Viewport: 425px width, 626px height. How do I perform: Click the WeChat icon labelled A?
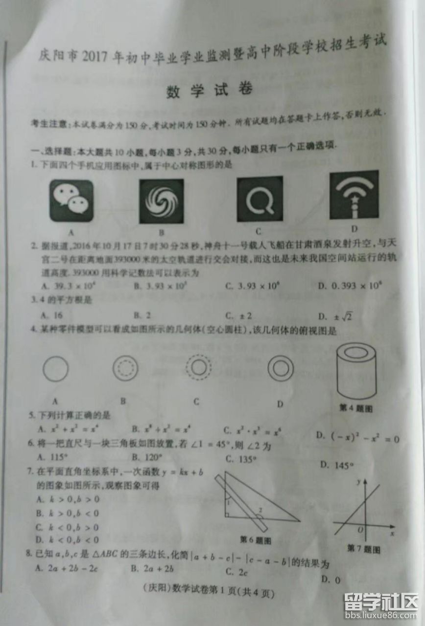coord(71,201)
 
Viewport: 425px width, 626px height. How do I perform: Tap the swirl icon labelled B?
coord(161,201)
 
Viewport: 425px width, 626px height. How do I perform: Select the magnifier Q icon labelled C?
coord(260,199)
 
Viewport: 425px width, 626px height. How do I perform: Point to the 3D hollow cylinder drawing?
coord(356,371)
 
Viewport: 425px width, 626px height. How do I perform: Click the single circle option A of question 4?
coord(55,368)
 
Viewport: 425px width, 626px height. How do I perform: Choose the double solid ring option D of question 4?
coord(281,368)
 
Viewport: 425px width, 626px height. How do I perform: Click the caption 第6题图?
coord(255,540)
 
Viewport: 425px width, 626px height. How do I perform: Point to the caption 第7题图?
coord(364,548)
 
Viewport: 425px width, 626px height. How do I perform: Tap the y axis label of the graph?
coord(358,482)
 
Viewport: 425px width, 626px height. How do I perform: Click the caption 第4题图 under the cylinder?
coord(356,407)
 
